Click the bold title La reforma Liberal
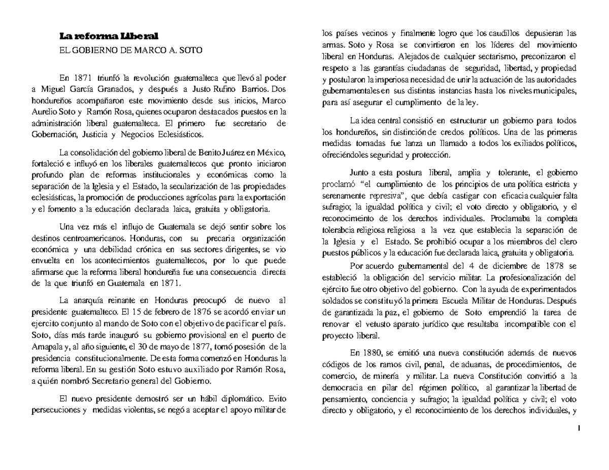[109, 36]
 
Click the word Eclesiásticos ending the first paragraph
[177, 134]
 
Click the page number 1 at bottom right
[579, 430]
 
